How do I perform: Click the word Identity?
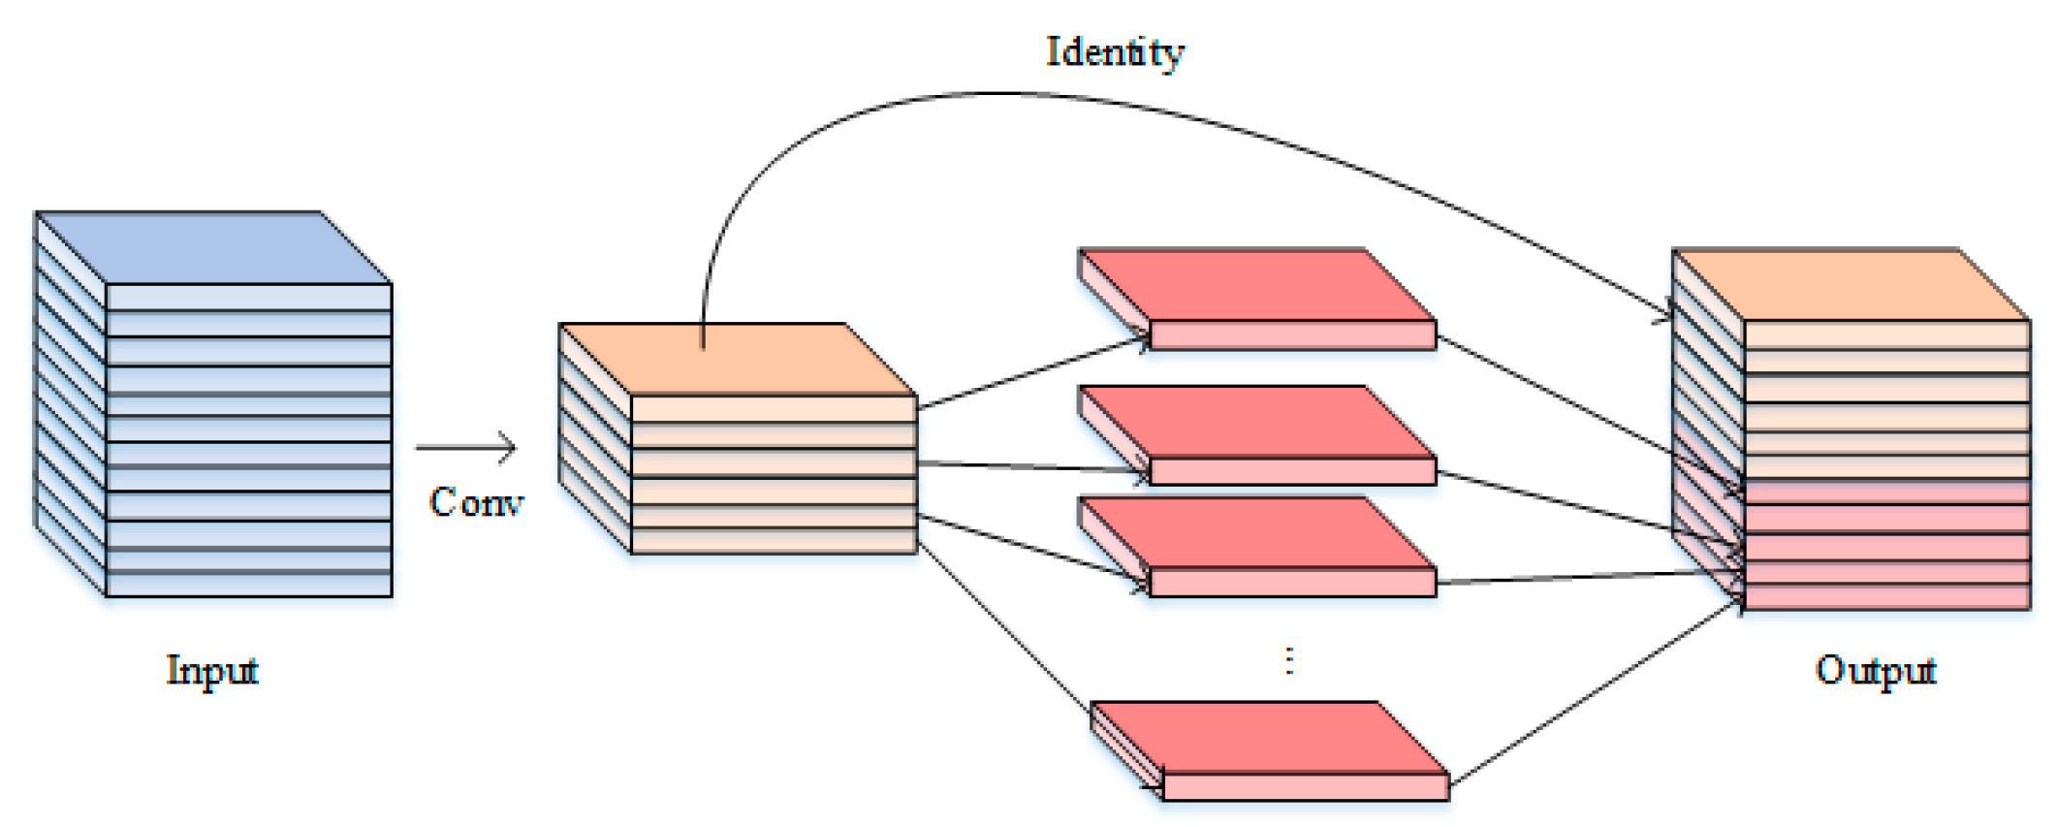(1115, 50)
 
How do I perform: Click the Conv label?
(476, 502)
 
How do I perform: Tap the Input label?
(212, 670)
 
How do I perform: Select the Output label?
(1875, 670)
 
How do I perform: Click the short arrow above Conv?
(467, 447)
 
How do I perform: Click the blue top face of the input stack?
(213, 247)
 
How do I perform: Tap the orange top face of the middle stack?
(737, 359)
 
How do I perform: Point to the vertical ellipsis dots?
(1288, 661)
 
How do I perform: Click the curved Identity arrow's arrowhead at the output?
(1663, 313)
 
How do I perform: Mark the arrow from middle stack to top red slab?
(1032, 372)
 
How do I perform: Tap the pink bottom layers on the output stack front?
(1886, 548)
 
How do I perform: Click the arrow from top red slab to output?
(1590, 412)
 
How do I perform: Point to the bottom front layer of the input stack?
(248, 585)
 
